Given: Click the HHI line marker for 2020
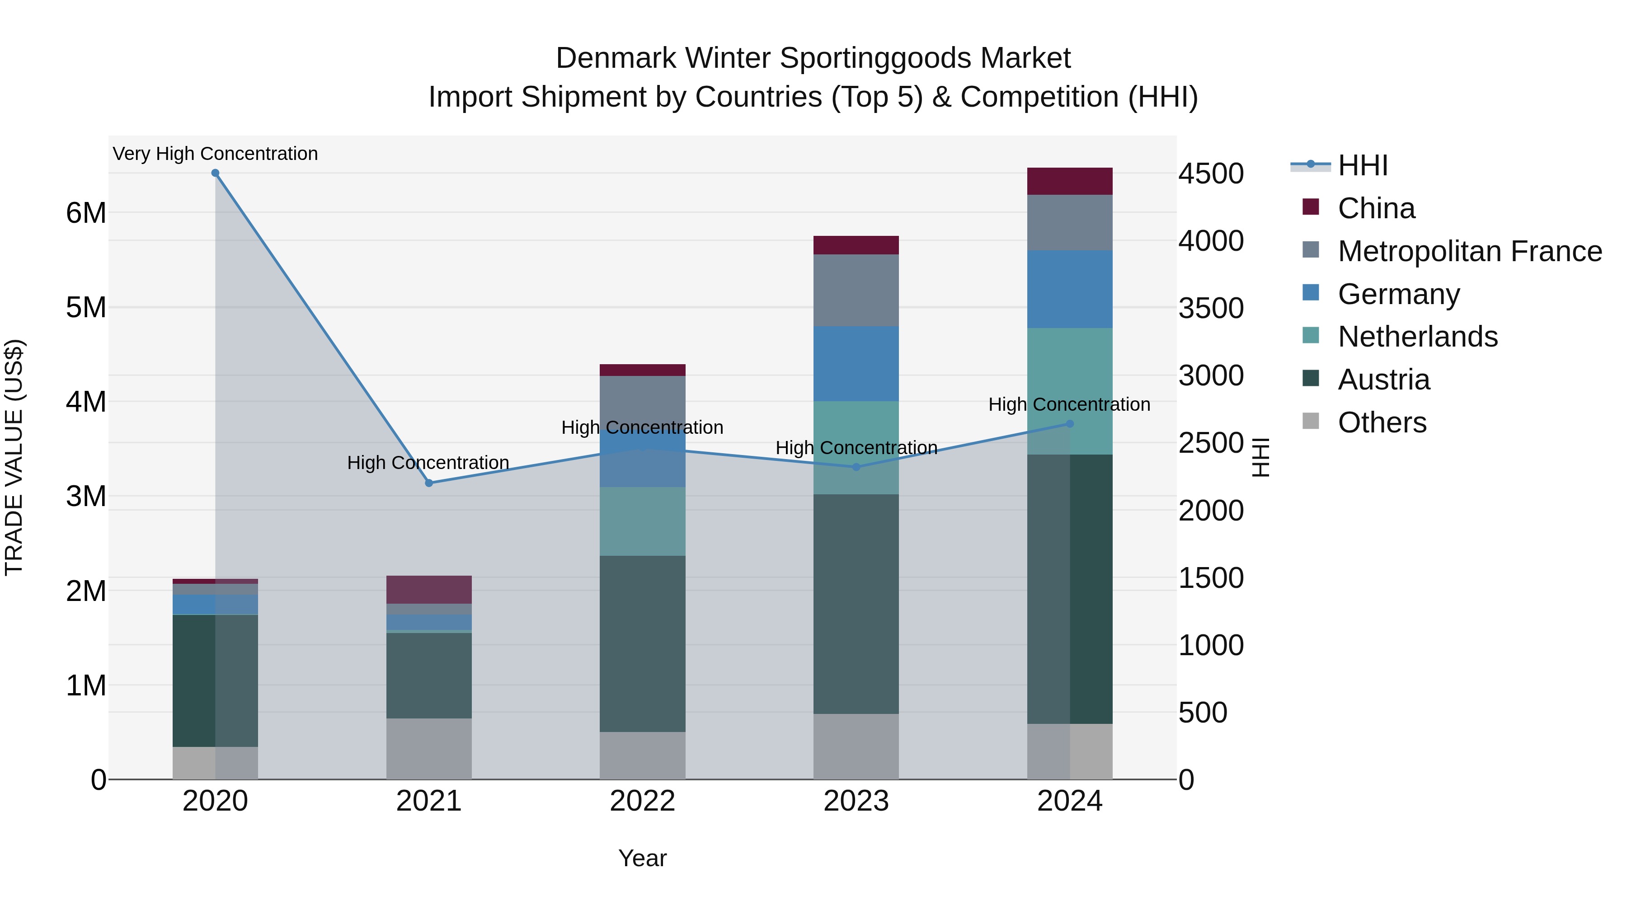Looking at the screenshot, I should pos(216,173).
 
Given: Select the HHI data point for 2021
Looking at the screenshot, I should pos(429,483).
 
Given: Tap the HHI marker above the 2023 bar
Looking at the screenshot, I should pos(856,467).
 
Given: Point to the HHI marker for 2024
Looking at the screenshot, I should pos(1070,424).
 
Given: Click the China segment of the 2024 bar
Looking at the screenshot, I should pos(1070,181).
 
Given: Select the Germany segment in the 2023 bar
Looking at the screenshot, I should pos(856,364).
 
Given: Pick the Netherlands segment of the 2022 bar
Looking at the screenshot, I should pos(642,521).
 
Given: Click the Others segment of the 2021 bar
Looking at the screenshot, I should pos(429,749).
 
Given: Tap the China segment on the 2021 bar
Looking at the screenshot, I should pos(429,590).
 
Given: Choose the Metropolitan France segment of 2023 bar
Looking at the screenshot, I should pos(856,291).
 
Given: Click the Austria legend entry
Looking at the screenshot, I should pos(1383,380).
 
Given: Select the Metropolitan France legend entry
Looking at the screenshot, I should pos(1469,251).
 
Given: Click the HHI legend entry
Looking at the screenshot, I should pos(1362,165).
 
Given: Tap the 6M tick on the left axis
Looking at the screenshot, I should pos(86,213).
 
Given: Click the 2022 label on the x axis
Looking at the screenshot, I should pos(642,801).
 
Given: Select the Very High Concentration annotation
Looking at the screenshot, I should pos(216,154).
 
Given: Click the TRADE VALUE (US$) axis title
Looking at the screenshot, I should pos(14,457).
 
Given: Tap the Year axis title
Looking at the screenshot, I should pos(642,858).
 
